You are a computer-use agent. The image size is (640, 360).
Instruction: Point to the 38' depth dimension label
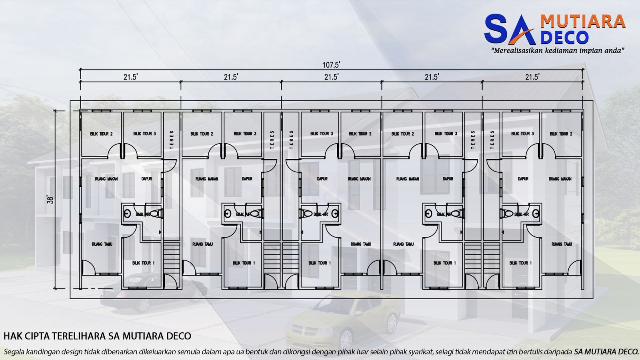tap(50, 200)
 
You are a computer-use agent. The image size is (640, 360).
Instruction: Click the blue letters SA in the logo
tap(509, 30)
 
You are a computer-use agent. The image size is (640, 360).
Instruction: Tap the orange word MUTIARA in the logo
tap(582, 21)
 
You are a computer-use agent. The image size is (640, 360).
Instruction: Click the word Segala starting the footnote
tap(15, 352)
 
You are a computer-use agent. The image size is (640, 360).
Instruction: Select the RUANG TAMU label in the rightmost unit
tap(562, 244)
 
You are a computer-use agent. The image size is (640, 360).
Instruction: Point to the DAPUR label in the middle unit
tap(322, 179)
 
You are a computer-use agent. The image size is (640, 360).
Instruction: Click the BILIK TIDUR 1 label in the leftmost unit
tap(143, 263)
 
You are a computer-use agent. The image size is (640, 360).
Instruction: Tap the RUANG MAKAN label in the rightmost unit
tap(560, 179)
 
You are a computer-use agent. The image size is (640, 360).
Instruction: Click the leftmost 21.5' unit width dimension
tap(130, 77)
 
